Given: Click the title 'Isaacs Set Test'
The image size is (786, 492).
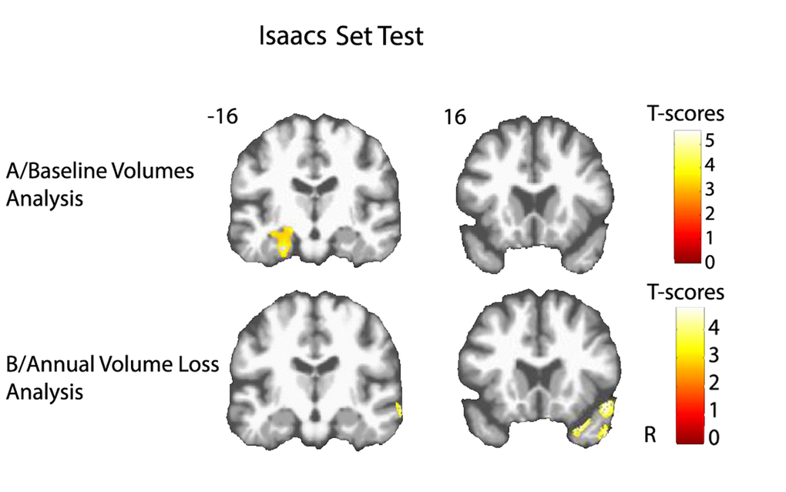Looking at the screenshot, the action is (x=341, y=36).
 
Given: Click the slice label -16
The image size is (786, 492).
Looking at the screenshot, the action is (x=223, y=116).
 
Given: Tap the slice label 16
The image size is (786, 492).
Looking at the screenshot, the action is (x=455, y=117).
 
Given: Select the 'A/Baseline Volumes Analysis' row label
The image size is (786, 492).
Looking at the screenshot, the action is (x=99, y=184).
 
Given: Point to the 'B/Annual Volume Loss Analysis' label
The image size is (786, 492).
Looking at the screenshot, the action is (x=113, y=377).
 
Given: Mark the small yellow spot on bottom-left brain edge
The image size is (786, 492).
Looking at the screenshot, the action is (x=399, y=410).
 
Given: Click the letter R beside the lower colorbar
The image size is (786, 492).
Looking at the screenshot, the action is (x=650, y=435).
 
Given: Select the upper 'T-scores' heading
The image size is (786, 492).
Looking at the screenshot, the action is (x=686, y=114).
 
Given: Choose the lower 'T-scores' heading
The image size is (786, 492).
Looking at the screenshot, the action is (x=686, y=292).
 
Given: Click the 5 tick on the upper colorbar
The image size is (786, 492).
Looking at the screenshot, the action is (x=709, y=141).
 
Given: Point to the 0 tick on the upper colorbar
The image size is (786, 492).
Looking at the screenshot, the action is (x=710, y=262).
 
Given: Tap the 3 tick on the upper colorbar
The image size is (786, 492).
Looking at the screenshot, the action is (x=709, y=189).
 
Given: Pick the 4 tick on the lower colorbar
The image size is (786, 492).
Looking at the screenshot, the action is (x=714, y=328).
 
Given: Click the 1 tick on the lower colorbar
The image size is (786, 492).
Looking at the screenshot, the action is (x=714, y=410).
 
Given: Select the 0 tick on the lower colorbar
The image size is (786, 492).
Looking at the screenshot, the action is (x=714, y=438).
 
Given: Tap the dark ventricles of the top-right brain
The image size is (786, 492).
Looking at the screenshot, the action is (x=536, y=200).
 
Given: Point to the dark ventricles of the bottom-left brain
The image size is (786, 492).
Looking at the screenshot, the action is (x=315, y=366).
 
